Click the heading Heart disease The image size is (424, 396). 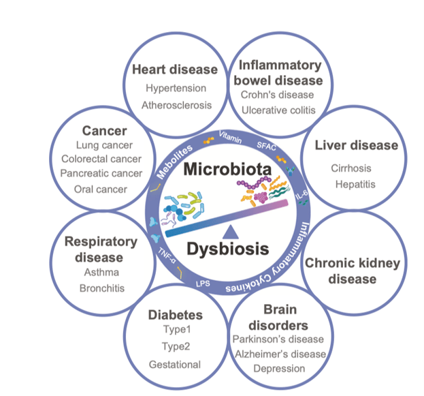point(175,70)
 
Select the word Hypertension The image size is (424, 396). point(175,88)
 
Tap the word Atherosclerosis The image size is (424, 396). point(176,105)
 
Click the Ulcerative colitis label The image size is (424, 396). point(280,110)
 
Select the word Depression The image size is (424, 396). point(279,369)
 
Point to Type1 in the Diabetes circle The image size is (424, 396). point(175,330)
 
